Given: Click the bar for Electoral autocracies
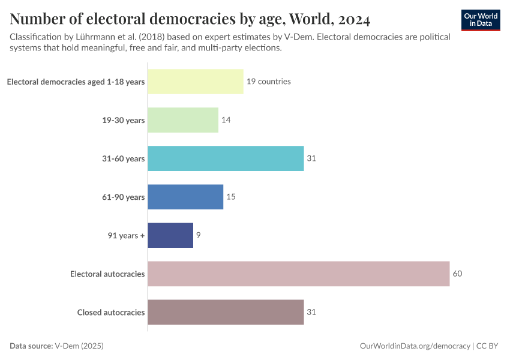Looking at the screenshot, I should (x=298, y=274).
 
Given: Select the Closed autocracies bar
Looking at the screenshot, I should (x=226, y=312).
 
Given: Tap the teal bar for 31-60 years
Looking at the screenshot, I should (x=226, y=158).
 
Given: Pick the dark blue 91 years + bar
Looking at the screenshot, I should (x=170, y=235).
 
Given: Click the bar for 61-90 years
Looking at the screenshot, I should (x=185, y=197).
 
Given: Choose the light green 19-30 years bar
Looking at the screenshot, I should (x=183, y=120).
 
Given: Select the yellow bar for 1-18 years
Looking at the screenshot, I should (x=196, y=82).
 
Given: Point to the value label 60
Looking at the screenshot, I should (x=457, y=274).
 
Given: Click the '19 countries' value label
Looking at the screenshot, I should (x=268, y=82).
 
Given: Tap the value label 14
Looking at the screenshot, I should (x=226, y=120).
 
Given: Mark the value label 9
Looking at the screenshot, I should (x=198, y=235).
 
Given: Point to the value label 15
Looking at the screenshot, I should (x=231, y=197).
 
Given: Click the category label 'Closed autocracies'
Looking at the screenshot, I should (x=111, y=312).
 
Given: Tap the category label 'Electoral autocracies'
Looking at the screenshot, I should (x=107, y=274).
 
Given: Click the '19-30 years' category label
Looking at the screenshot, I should (x=123, y=121).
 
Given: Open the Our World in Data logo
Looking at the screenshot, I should (x=480, y=20).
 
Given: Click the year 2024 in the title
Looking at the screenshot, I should (x=350, y=19).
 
